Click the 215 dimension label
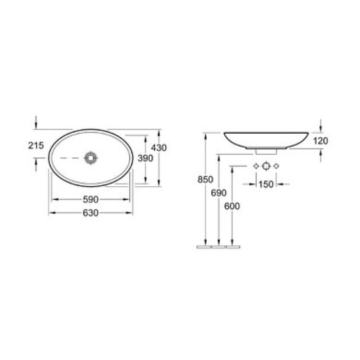[36, 146]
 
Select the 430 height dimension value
[159, 148]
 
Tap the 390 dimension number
[146, 158]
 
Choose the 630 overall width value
[91, 213]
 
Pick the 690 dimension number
[219, 193]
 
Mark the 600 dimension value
[232, 206]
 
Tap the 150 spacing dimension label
[266, 184]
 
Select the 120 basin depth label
[320, 141]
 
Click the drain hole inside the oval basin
[91, 157]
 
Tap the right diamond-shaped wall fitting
[277, 166]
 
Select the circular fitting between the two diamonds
[266, 166]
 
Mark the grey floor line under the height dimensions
[219, 247]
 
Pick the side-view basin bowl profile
[266, 139]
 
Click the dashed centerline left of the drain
[69, 157]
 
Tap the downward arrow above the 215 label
[36, 123]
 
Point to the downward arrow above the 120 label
[320, 125]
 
